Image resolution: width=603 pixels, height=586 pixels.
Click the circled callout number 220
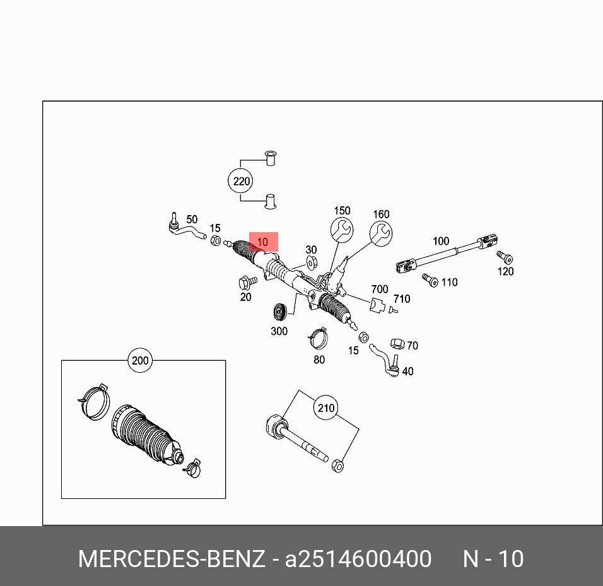[240, 182]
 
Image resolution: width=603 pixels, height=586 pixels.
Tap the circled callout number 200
[139, 361]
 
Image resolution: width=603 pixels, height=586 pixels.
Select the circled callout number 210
[325, 408]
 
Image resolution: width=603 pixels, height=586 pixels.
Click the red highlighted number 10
[263, 242]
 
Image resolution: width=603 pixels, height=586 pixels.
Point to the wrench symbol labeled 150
[342, 230]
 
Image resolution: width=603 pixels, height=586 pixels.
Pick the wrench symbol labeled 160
[381, 233]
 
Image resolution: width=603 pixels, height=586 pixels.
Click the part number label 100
[441, 241]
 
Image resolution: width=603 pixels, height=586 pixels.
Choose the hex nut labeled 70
[397, 344]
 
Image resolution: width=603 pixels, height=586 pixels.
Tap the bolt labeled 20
[247, 281]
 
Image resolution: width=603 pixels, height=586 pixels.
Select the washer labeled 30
[312, 262]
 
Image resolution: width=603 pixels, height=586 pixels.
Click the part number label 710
[402, 299]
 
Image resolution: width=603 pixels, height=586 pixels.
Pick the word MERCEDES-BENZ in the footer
[172, 559]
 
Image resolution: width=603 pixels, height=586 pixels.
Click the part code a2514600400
[358, 559]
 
